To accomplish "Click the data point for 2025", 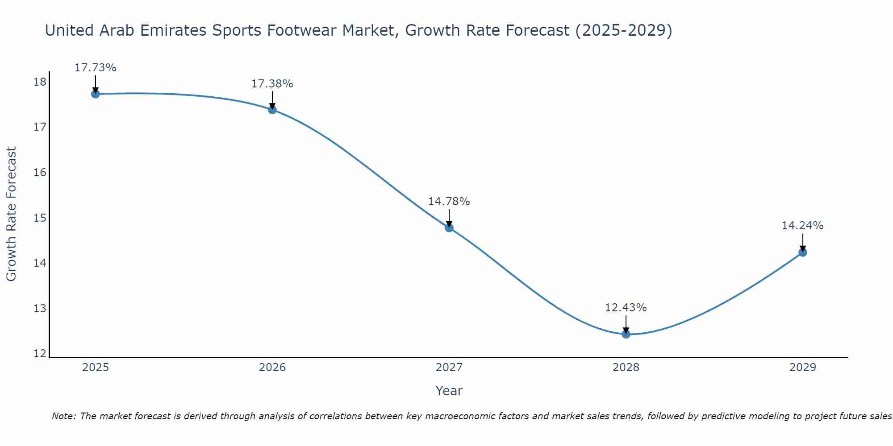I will pyautogui.click(x=95, y=94).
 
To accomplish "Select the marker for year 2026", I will pyautogui.click(x=272, y=110).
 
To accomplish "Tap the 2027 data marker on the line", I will pyautogui.click(x=449, y=228).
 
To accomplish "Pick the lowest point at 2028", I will pyautogui.click(x=626, y=334).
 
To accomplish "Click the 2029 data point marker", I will pyautogui.click(x=802, y=252).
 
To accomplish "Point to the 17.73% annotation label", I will pyautogui.click(x=95, y=68).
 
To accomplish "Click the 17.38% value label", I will pyautogui.click(x=272, y=84).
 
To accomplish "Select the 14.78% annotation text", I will pyautogui.click(x=449, y=202).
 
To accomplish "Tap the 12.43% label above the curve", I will pyautogui.click(x=626, y=308).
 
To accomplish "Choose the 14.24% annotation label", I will pyautogui.click(x=802, y=226).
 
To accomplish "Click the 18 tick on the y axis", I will pyautogui.click(x=40, y=82).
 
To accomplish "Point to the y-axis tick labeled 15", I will pyautogui.click(x=40, y=218).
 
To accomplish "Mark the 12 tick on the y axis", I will pyautogui.click(x=40, y=354).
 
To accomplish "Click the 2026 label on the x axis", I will pyautogui.click(x=272, y=368).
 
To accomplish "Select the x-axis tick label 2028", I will pyautogui.click(x=626, y=368).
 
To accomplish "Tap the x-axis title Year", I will pyautogui.click(x=449, y=391).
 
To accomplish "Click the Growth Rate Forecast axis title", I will pyautogui.click(x=11, y=214).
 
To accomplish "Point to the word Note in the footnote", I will pyautogui.click(x=64, y=416).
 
